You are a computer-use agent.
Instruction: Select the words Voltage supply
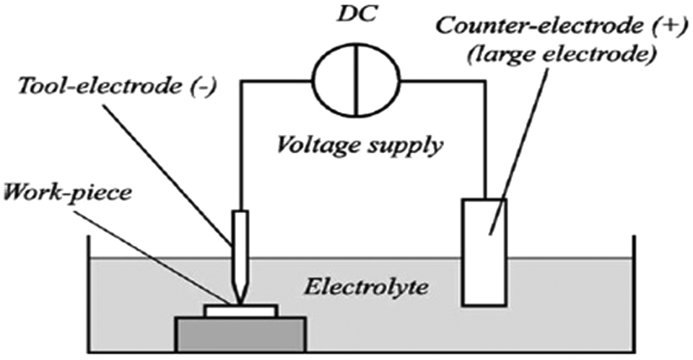359,144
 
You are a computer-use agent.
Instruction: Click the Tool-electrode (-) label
118,86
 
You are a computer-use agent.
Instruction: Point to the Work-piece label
68,193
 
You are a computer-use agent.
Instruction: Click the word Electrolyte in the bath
366,287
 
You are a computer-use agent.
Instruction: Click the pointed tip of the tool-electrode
240,304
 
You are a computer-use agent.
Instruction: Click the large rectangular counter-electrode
484,253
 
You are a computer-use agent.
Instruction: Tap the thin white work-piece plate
241,311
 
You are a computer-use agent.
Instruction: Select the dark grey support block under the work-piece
240,334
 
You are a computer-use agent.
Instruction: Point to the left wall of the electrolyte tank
90,294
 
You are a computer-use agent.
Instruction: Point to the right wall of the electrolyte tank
635,294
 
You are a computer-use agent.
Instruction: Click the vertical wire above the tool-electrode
241,146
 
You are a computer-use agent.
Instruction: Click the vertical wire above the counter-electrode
485,140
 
